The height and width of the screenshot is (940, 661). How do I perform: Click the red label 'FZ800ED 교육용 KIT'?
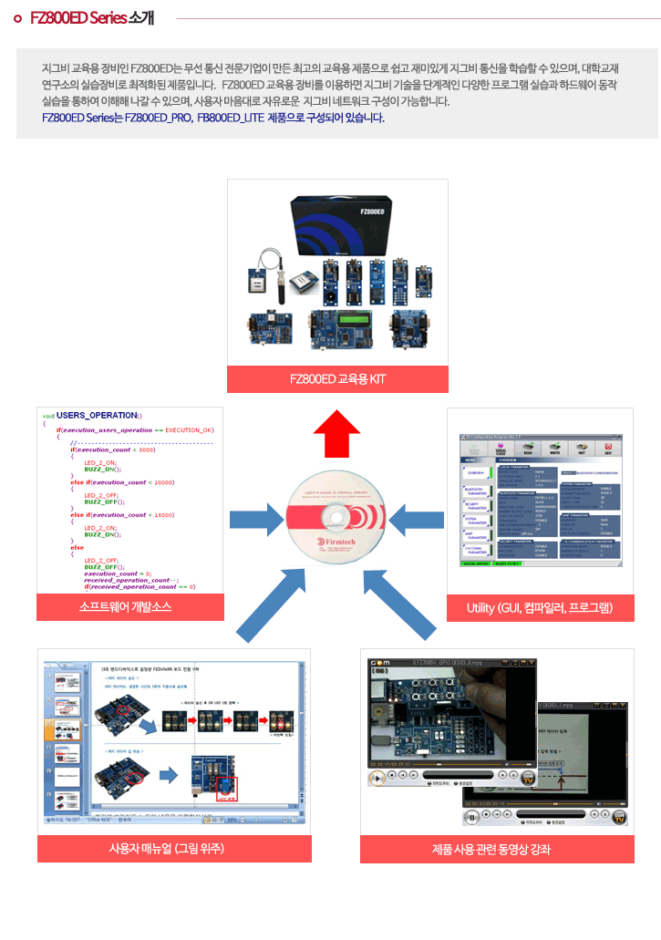(337, 379)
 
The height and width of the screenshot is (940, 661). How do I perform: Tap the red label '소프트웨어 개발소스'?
(130, 607)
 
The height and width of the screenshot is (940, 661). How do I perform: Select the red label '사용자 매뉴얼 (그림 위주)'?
(173, 849)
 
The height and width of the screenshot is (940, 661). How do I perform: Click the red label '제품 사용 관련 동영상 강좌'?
(497, 849)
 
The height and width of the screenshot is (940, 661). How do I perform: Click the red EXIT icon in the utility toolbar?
(608, 447)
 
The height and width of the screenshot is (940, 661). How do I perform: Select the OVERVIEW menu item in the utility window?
(476, 473)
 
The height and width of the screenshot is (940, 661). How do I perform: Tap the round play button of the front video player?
(377, 778)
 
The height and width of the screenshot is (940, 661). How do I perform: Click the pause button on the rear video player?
(471, 818)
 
